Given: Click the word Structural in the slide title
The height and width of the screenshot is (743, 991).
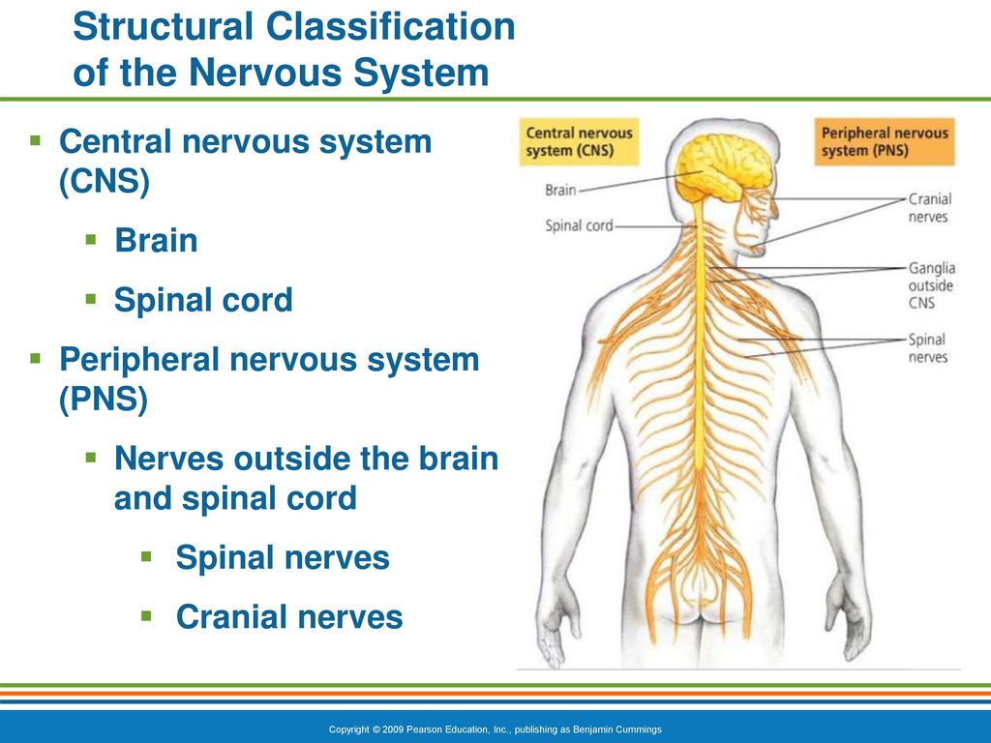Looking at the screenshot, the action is pyautogui.click(x=163, y=26).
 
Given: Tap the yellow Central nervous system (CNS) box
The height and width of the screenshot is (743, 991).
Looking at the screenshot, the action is pyautogui.click(x=579, y=141).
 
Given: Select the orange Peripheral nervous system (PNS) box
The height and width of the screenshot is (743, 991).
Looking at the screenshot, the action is pyautogui.click(x=885, y=141).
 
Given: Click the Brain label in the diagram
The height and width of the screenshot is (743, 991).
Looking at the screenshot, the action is pyautogui.click(x=560, y=190).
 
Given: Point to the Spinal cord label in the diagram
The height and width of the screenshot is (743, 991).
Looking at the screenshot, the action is pyautogui.click(x=579, y=225).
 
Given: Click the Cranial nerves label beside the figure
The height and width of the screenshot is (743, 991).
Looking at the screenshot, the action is pyautogui.click(x=930, y=208).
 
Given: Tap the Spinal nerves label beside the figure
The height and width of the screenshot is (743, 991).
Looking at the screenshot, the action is pyautogui.click(x=928, y=348).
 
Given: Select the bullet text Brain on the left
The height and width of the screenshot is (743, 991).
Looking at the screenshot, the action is pyautogui.click(x=156, y=241).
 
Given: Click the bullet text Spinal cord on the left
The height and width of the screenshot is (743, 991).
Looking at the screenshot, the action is pyautogui.click(x=203, y=300).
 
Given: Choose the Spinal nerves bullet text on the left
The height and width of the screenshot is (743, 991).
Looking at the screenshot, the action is pyautogui.click(x=283, y=558).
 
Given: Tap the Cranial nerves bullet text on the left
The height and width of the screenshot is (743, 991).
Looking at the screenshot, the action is pyautogui.click(x=289, y=617).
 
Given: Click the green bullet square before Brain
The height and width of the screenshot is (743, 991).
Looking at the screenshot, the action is pyautogui.click(x=91, y=240).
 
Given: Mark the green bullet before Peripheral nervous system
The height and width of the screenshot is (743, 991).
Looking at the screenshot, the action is pyautogui.click(x=36, y=359).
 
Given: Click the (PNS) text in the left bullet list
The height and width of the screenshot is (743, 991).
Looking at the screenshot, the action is pyautogui.click(x=104, y=399).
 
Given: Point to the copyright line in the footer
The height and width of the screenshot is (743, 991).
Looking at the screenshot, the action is pyautogui.click(x=495, y=729).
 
